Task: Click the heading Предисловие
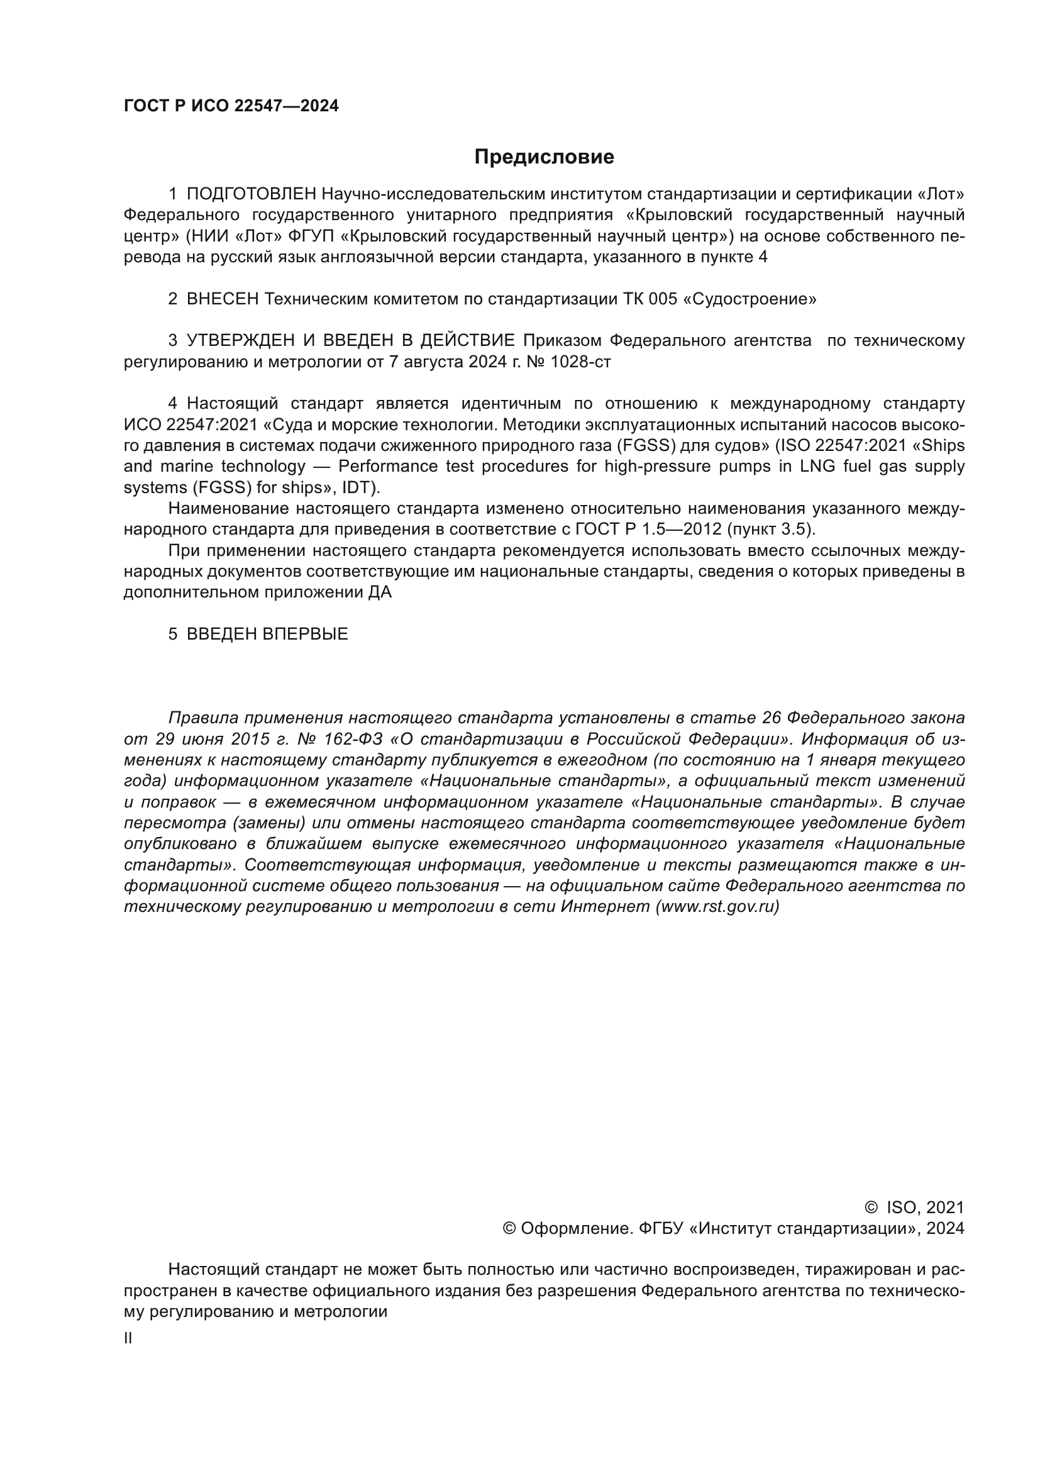pos(544,157)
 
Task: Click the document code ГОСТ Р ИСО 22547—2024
pos(231,106)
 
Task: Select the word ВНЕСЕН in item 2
pos(222,299)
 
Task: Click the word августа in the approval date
pos(433,362)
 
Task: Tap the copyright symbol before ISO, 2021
pos(871,1207)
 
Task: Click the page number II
pos(128,1338)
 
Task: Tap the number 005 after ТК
pos(662,299)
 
